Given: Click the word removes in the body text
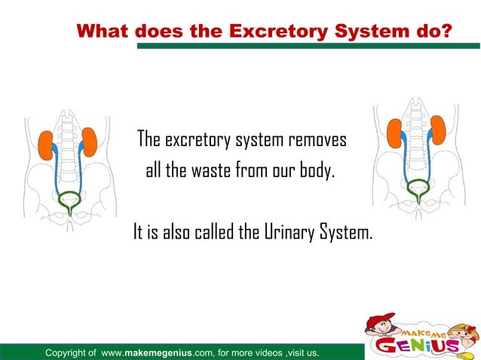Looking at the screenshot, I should click(316, 140).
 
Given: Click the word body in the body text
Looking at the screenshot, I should click(313, 171).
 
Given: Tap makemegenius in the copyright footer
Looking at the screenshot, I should click(179, 352).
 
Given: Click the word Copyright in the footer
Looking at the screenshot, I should click(70, 352).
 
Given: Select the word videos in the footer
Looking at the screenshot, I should click(274, 352).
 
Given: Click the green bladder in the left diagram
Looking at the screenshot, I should click(70, 201).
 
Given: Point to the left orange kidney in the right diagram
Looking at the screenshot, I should click(394, 133).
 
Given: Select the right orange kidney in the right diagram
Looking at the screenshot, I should click(437, 130).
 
